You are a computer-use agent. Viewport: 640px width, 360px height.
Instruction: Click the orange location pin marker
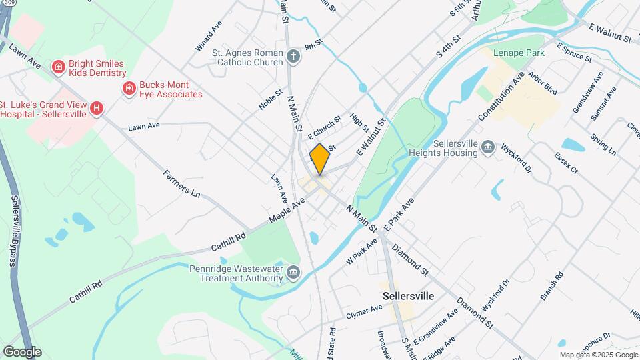point(320,159)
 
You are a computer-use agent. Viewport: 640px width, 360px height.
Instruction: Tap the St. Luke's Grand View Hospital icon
point(97,108)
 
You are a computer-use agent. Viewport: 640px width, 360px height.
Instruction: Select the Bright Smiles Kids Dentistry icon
point(59,67)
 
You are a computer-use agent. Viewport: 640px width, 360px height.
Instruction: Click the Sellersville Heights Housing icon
point(487,147)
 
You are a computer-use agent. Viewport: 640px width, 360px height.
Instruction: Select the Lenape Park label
point(519,53)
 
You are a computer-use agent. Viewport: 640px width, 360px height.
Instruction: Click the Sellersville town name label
point(409,295)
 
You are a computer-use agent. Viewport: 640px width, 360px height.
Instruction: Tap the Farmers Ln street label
point(182,186)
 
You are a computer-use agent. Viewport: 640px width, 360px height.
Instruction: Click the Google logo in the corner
point(22,351)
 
